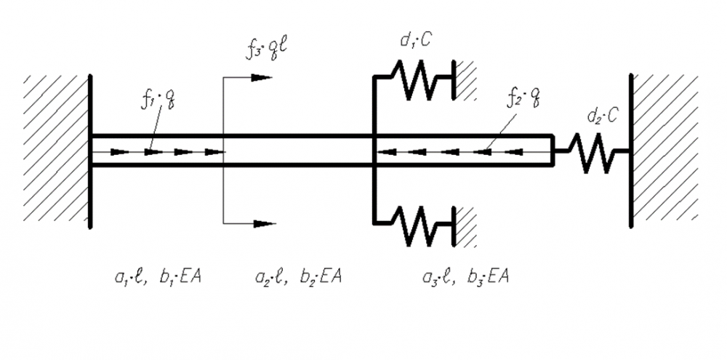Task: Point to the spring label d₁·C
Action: [x=416, y=41]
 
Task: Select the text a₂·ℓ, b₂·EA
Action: [x=299, y=276]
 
